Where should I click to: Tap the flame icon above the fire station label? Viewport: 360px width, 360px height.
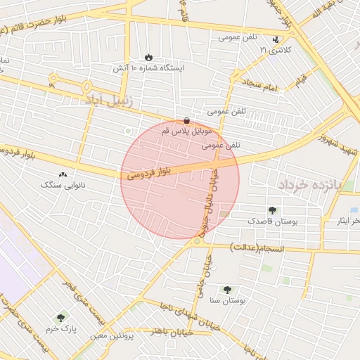pos(148,56)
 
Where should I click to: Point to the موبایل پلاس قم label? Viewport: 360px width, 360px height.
pos(186,131)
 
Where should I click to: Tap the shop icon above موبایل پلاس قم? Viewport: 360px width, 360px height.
pos(186,120)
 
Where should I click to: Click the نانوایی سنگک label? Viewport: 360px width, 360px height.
pos(62,185)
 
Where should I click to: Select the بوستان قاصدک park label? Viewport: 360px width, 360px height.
pos(272,221)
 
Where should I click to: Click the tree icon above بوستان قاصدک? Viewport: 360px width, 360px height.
pos(272,210)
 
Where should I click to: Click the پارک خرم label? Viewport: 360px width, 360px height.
pos(60,329)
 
